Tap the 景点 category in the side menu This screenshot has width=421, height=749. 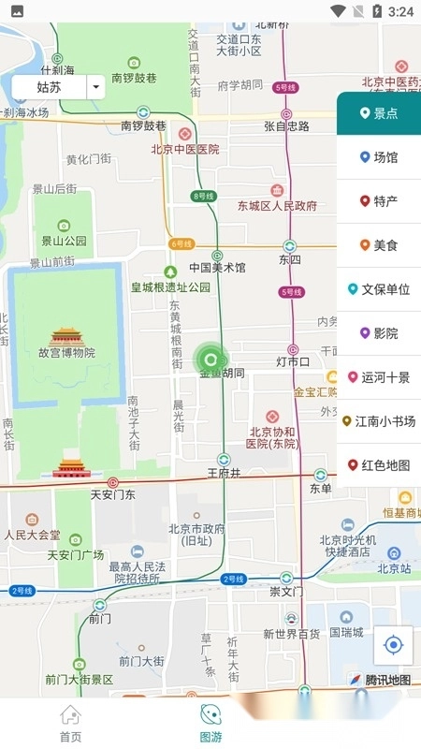(379, 113)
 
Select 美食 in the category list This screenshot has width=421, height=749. (379, 245)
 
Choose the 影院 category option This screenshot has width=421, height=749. (379, 333)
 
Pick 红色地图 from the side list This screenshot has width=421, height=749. (379, 465)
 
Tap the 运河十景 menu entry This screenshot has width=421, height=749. (379, 377)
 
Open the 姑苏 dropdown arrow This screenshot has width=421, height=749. (96, 87)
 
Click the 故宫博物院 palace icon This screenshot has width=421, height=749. (67, 337)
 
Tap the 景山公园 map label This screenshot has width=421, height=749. (64, 241)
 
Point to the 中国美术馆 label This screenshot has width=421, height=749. (217, 268)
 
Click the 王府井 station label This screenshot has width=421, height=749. (224, 474)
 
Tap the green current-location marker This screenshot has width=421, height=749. (210, 358)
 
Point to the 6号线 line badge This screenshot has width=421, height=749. (181, 244)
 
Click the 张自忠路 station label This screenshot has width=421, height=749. (285, 126)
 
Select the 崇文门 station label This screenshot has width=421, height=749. (285, 592)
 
